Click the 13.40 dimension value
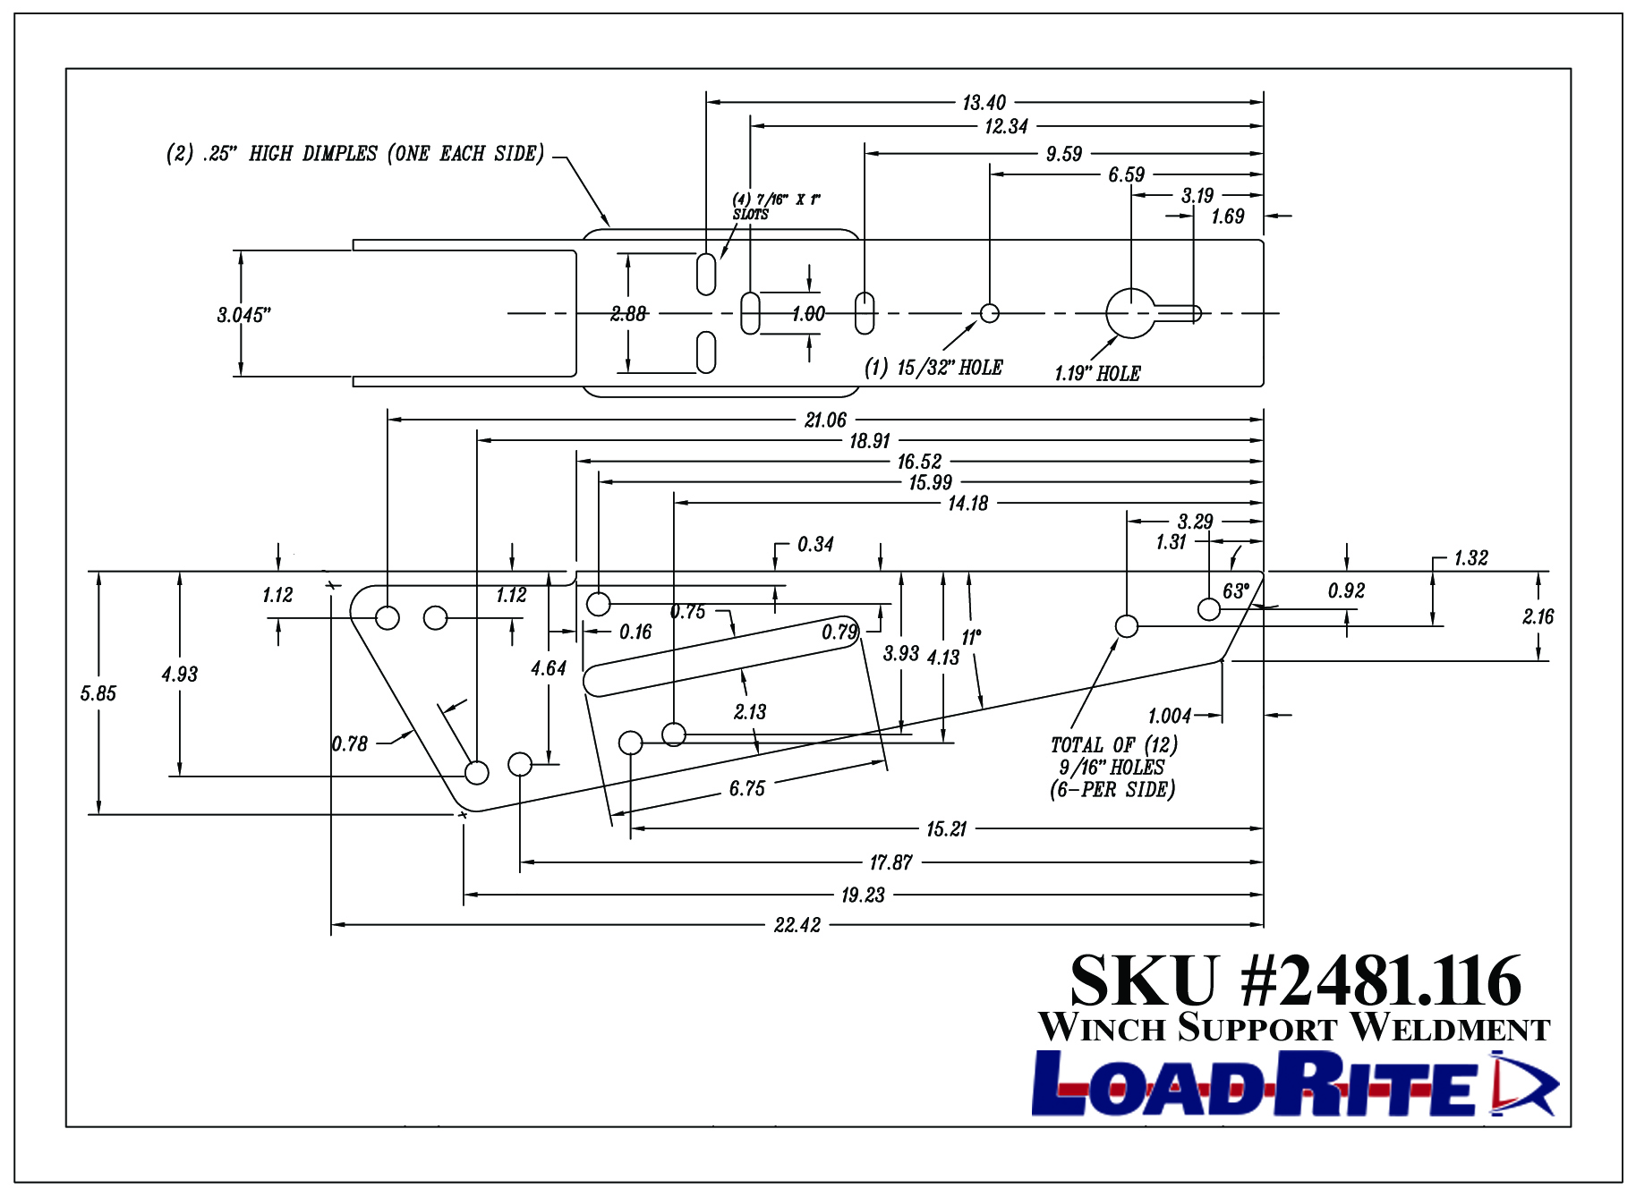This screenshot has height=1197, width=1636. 984,103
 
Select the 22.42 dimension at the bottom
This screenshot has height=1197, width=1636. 797,925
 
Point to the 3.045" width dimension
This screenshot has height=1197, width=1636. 243,315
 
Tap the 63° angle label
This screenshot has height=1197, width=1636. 1235,591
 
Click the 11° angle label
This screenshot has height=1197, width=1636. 971,638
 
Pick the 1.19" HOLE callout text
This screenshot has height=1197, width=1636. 1097,374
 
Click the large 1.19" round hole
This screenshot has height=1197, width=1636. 1131,313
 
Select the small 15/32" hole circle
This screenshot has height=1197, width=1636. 989,313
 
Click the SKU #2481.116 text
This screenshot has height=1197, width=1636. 1295,981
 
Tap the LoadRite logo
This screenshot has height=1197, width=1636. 1295,1083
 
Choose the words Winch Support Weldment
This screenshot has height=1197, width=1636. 1294,1027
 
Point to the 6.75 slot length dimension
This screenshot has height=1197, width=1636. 746,789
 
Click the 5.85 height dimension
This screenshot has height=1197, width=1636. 98,693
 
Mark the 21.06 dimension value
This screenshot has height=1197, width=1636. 825,420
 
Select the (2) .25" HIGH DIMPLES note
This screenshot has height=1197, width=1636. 355,154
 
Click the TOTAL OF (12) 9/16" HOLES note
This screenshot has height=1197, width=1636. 1113,768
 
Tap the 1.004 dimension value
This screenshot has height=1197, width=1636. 1170,716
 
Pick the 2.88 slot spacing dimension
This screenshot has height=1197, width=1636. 628,314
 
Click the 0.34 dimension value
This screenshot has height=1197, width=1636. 815,544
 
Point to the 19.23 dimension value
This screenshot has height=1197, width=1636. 863,895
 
